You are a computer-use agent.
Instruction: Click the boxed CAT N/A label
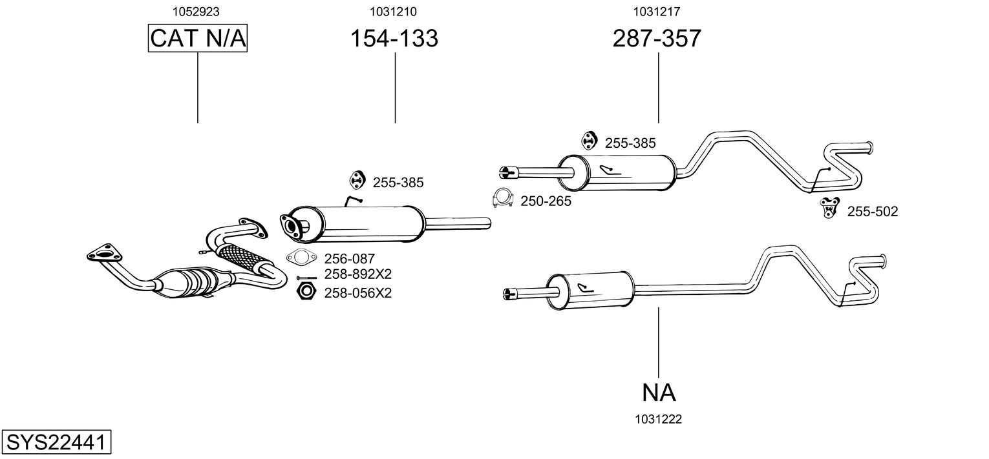(x=198, y=39)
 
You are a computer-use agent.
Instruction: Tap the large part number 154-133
(x=394, y=39)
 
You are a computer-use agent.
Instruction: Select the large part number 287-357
(x=657, y=39)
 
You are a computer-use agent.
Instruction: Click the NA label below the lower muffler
(x=659, y=392)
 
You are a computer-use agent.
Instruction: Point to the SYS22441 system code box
(x=57, y=443)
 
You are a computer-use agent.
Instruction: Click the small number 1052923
(x=197, y=11)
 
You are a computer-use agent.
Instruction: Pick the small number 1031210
(x=393, y=11)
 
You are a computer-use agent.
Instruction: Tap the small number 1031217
(x=657, y=11)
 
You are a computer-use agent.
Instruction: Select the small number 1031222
(x=658, y=419)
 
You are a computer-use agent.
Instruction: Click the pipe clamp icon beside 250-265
(x=502, y=199)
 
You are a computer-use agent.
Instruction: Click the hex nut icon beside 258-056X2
(x=305, y=292)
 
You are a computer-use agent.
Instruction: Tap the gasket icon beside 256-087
(x=300, y=258)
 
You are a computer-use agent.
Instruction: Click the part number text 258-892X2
(x=358, y=274)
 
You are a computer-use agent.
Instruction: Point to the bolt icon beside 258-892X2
(x=306, y=278)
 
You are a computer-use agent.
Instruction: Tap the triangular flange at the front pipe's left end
(x=100, y=253)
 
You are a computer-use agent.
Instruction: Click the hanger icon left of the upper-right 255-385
(x=588, y=140)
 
